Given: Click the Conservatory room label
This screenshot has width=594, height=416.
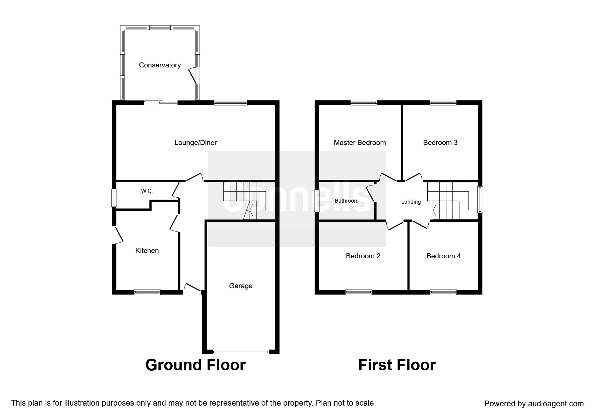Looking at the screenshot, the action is coord(160,65).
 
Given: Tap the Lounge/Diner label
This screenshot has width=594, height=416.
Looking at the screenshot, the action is coord(196,143).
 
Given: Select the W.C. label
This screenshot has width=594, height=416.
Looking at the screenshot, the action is coord(147,191).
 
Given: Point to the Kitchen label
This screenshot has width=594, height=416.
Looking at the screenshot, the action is coord(147,251).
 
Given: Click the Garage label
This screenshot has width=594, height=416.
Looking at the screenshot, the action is coord(241,286).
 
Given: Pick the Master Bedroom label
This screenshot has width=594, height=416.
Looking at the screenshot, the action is coord(360,143).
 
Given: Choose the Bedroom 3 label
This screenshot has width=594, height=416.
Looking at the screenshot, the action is coord(440,143).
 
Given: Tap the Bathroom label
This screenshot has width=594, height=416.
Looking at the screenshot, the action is coord(346,201).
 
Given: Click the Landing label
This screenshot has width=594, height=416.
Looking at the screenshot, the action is coord(411,202).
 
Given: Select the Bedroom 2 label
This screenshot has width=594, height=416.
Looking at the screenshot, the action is coord(363,256).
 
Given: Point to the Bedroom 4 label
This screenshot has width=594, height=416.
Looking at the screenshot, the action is coord(443,256).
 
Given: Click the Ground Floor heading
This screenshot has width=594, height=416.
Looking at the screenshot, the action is coord(196,365).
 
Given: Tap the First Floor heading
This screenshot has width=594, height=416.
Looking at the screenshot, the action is coord(397,365).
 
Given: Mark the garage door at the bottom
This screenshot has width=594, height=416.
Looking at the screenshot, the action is coord(241,352).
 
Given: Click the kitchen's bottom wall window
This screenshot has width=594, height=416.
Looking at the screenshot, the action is coord(147,292).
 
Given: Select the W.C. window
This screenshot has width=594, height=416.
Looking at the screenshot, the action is coord(114,198).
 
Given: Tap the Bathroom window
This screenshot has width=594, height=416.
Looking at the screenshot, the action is coord(317,201).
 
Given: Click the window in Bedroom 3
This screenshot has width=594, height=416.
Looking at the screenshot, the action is coord(443,103).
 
